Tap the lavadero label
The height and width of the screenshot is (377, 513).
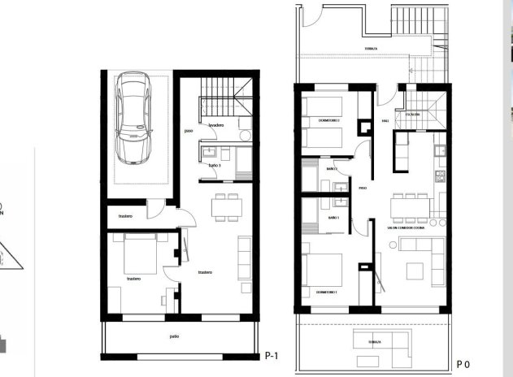point(215,126)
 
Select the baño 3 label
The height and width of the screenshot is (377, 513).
point(215,166)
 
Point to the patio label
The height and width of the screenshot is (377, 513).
point(175,336)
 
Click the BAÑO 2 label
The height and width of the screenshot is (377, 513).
point(332,169)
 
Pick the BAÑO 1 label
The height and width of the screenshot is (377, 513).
point(333,219)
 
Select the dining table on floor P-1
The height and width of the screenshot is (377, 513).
point(224,207)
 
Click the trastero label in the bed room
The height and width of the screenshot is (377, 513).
point(133,279)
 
